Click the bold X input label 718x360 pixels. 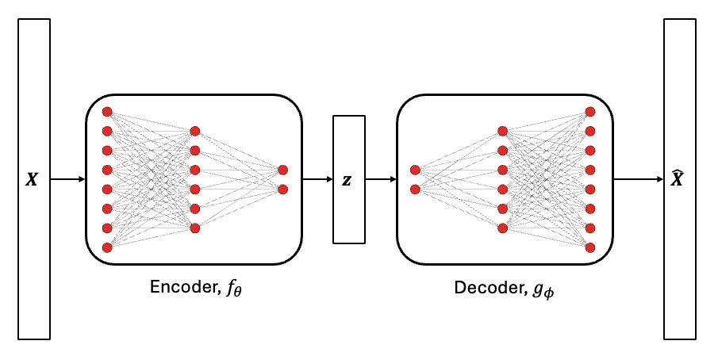click(x=32, y=180)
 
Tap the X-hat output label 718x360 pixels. click(x=678, y=179)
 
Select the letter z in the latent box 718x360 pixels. click(x=347, y=180)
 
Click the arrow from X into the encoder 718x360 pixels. click(x=68, y=179)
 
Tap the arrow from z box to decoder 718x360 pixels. click(x=381, y=179)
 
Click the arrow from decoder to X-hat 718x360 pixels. click(x=638, y=179)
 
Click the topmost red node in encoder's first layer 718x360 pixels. click(x=107, y=112)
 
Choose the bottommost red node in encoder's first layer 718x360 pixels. click(x=107, y=247)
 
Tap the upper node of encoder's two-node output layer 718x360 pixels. click(x=282, y=170)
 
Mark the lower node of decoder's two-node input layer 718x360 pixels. click(x=415, y=190)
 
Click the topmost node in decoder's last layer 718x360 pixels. click(x=589, y=112)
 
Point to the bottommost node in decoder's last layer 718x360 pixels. click(x=589, y=247)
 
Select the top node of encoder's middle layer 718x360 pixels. click(x=195, y=131)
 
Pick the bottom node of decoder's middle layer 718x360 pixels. click(x=502, y=228)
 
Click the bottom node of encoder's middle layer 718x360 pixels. click(x=195, y=228)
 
